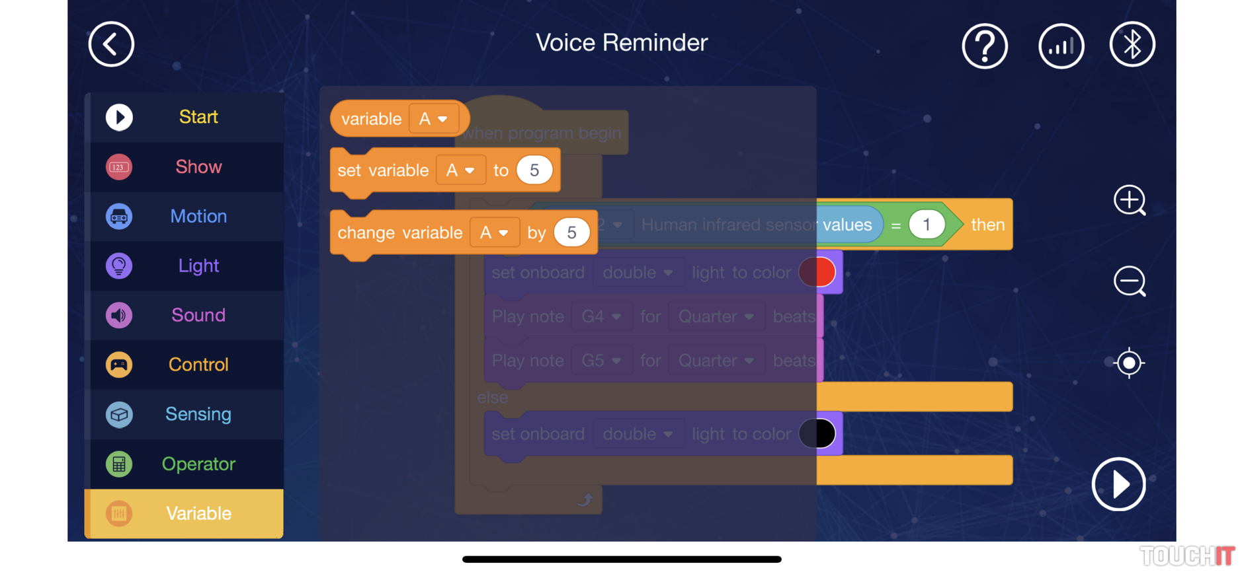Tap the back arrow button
click(111, 44)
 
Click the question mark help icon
click(985, 46)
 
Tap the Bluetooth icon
click(1132, 44)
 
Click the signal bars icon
click(1061, 46)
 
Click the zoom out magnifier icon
click(1129, 282)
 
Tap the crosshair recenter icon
click(1129, 363)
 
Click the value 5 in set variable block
click(534, 170)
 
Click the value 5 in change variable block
click(571, 233)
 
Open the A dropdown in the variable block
click(433, 119)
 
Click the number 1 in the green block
click(926, 225)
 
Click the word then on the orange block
click(987, 225)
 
